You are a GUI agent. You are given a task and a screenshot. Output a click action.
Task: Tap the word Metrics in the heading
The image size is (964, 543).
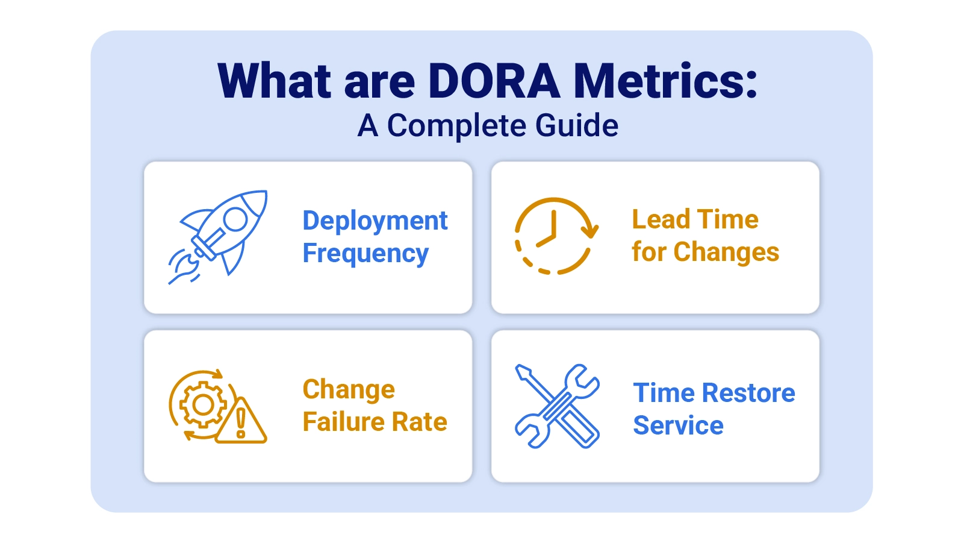click(665, 81)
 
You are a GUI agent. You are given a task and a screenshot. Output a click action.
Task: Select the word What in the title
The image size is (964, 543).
click(275, 81)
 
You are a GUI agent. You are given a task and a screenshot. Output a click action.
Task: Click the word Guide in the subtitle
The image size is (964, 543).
click(576, 126)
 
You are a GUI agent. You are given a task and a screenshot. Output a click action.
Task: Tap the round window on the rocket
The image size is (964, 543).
click(235, 219)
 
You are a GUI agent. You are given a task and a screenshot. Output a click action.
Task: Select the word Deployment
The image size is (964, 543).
click(375, 221)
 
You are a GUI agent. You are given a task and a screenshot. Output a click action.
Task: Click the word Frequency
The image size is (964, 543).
click(365, 254)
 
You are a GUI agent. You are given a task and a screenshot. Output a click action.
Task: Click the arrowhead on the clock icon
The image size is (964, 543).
click(592, 230)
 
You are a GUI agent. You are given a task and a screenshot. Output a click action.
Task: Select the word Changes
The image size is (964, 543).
click(726, 252)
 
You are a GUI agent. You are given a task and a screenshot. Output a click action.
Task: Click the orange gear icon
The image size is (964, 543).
click(203, 404)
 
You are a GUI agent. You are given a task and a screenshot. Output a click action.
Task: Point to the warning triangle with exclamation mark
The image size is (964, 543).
click(241, 422)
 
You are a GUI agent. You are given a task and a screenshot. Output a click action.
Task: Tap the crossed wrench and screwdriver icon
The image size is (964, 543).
click(557, 406)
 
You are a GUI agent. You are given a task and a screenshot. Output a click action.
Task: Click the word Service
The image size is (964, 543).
click(678, 425)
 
